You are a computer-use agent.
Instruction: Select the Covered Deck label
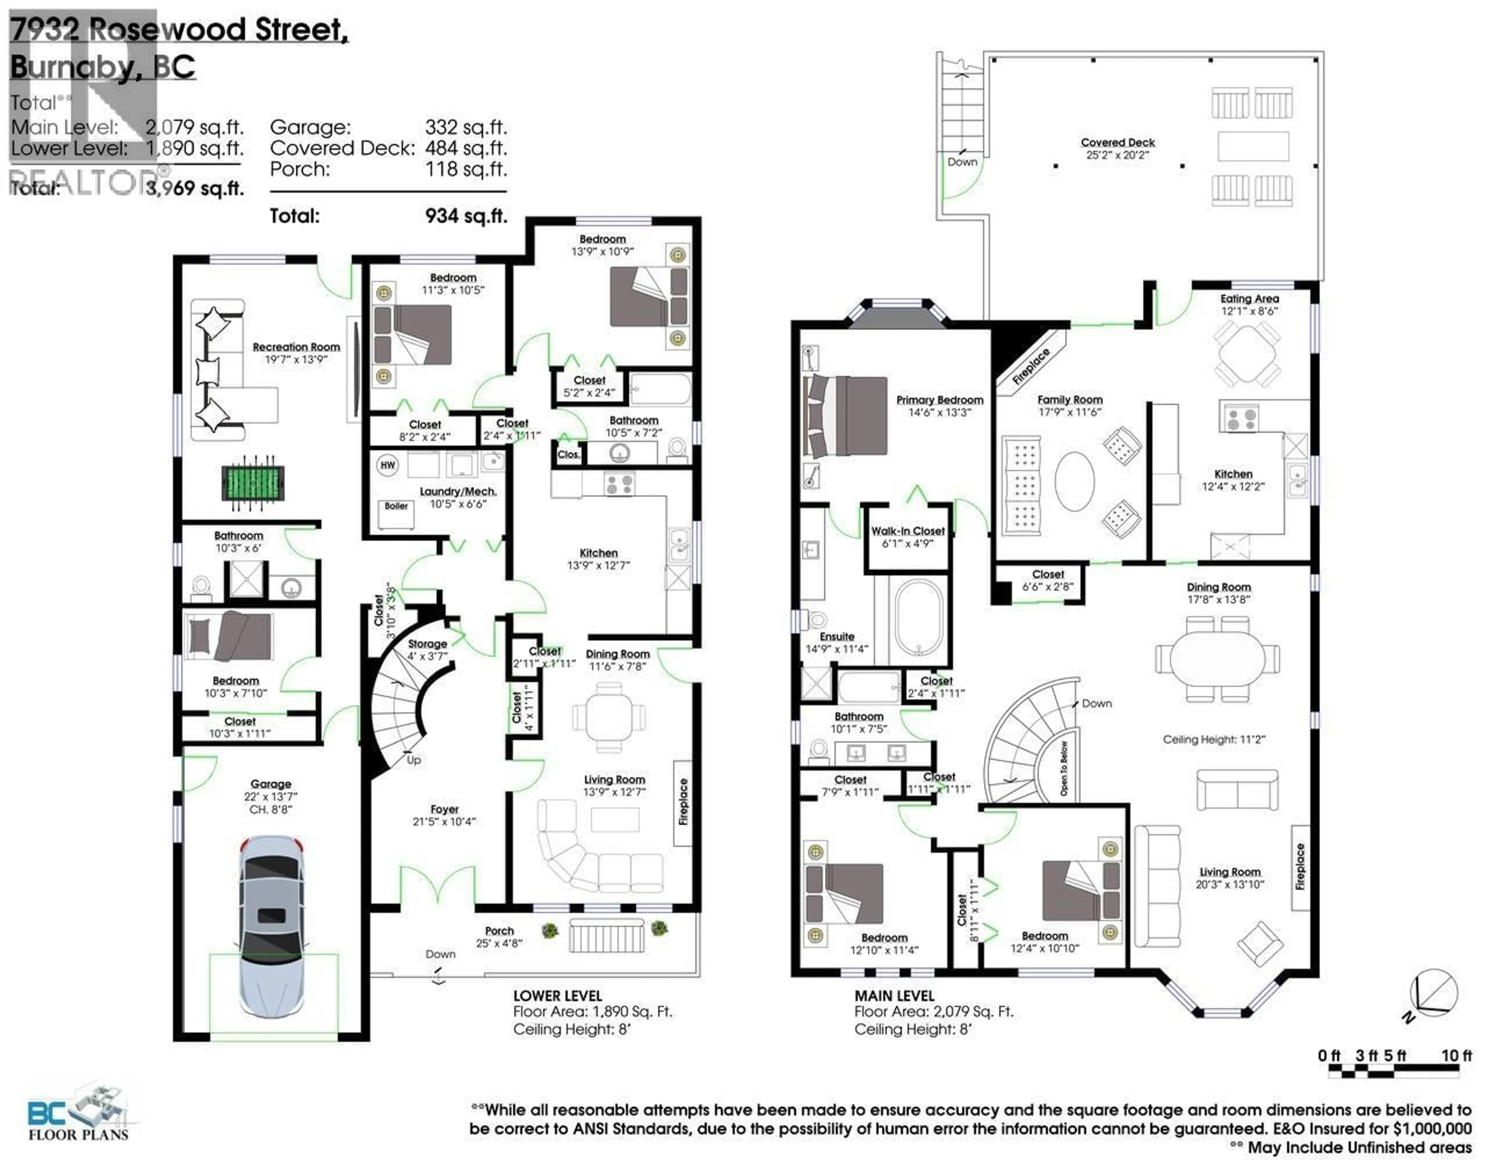(x=1117, y=143)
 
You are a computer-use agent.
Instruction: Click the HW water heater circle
(x=388, y=465)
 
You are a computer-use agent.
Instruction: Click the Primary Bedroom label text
(x=939, y=400)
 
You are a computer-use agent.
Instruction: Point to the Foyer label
(x=444, y=809)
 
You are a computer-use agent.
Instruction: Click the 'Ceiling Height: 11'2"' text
(x=1214, y=739)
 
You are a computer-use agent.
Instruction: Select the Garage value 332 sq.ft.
(x=466, y=128)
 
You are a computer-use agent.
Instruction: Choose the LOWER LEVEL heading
(x=557, y=996)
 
